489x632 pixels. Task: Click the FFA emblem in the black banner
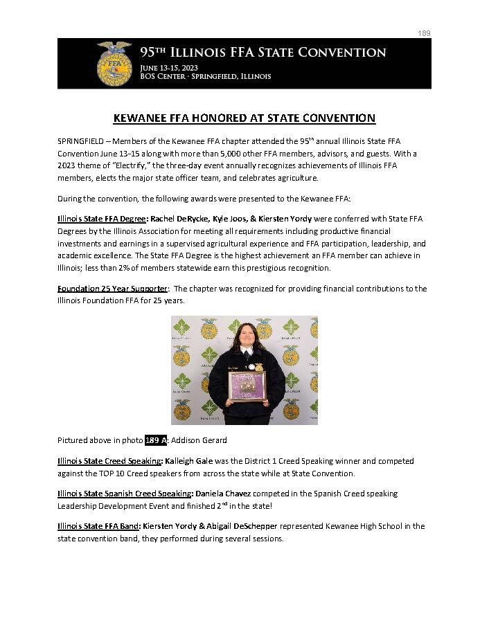click(x=114, y=62)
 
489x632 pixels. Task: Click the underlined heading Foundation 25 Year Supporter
click(x=112, y=289)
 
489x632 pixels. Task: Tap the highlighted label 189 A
click(x=156, y=440)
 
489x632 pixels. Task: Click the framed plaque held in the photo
click(x=243, y=387)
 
